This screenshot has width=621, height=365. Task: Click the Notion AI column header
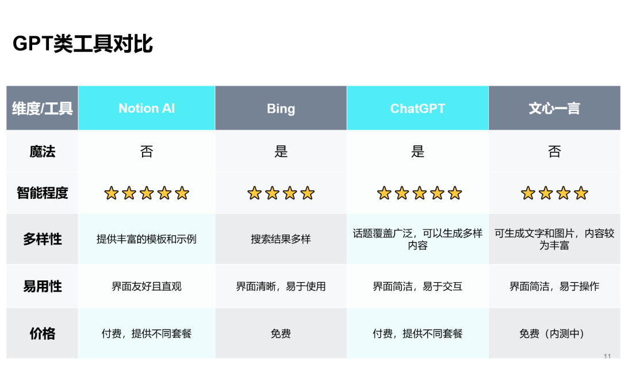147,109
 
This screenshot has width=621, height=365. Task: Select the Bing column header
281,109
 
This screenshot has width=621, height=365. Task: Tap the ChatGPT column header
417,109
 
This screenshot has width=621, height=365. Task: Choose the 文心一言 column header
554,109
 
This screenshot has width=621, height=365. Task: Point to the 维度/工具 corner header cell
43,109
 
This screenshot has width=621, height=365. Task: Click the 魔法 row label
43,152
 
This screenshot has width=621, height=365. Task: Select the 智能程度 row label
43,193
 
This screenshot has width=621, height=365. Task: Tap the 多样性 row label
43,239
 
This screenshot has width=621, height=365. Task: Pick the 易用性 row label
43,286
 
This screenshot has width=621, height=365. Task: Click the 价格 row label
43,333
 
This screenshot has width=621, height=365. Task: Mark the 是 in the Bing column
281,152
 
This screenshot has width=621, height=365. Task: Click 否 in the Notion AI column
147,152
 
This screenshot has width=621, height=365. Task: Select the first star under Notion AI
111,193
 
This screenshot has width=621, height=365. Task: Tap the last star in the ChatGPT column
455,193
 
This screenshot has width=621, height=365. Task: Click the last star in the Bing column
308,193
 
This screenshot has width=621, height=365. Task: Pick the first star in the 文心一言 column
528,193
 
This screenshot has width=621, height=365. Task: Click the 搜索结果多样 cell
281,239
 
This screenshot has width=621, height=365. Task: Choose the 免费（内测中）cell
554,333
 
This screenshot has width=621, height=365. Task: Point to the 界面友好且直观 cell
147,286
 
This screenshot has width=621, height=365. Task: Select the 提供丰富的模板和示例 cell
147,239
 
